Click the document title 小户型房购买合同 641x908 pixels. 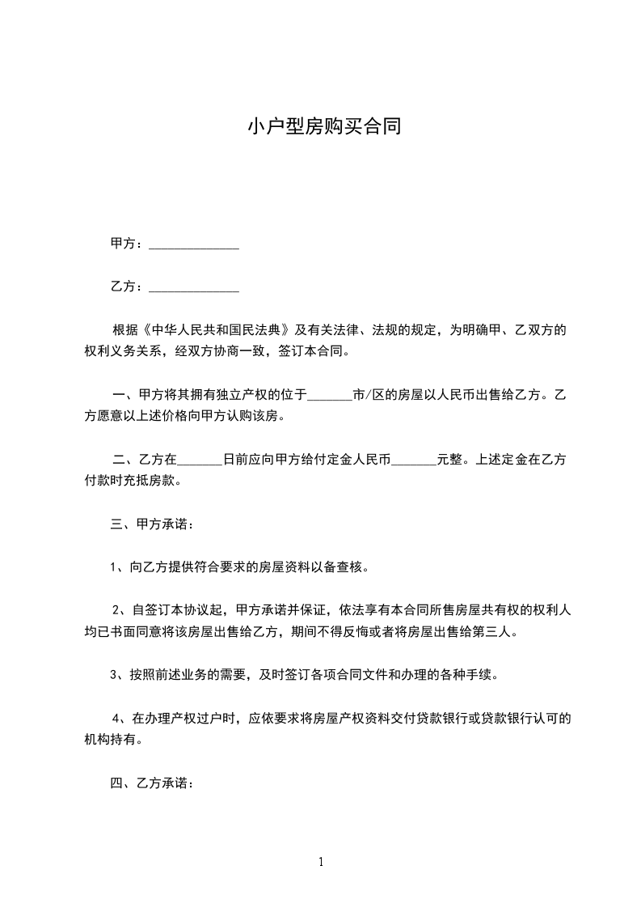(x=323, y=127)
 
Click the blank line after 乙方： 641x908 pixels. (x=194, y=287)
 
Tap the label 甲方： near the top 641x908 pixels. (x=127, y=244)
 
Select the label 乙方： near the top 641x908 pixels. (x=127, y=286)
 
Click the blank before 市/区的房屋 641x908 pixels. (x=331, y=397)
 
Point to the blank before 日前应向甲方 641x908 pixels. (x=199, y=460)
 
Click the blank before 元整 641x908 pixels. (x=414, y=460)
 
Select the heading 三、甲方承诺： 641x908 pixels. (x=152, y=524)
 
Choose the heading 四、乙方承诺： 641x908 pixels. (x=152, y=783)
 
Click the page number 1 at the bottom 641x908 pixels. (x=321, y=863)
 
